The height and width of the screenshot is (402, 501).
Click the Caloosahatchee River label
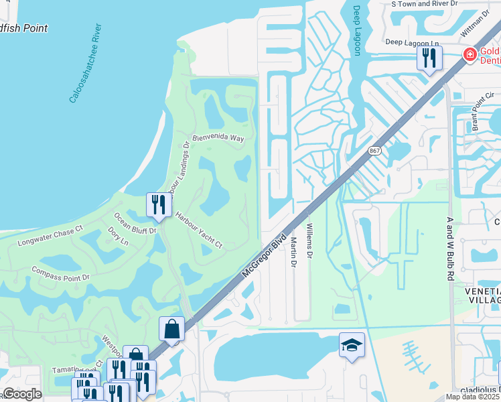85,64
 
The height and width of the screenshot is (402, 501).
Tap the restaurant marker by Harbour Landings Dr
159,204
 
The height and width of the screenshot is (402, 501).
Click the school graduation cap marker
352,344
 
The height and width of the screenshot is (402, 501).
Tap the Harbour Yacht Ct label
198,230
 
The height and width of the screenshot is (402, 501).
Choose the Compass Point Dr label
60,272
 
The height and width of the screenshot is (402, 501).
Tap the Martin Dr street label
293,251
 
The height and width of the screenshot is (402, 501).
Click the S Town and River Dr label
424,3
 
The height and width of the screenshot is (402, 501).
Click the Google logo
22,394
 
